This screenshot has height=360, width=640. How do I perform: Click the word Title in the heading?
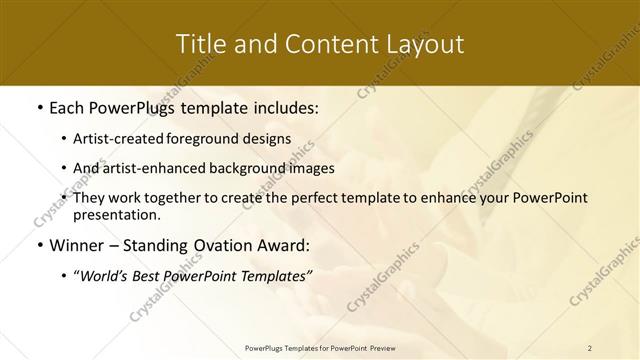(200, 44)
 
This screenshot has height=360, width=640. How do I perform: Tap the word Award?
(286, 245)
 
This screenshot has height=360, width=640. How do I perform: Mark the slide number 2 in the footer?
(589, 347)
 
